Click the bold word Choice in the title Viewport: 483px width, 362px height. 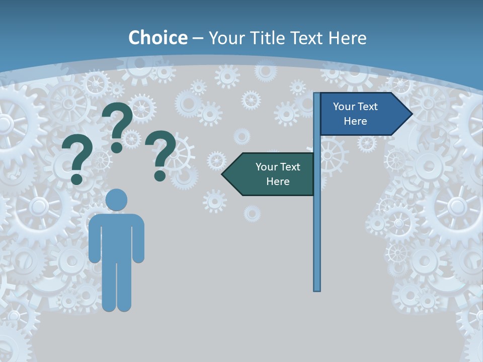tap(157, 38)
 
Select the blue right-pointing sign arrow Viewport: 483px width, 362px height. tap(360, 114)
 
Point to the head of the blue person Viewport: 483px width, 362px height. tap(116, 200)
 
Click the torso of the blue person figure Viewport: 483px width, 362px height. tap(116, 236)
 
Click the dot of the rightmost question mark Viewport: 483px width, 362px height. tap(160, 175)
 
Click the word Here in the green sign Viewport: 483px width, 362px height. tap(278, 182)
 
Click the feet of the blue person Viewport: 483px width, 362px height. tap(116, 305)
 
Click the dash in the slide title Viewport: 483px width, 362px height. tap(198, 38)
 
